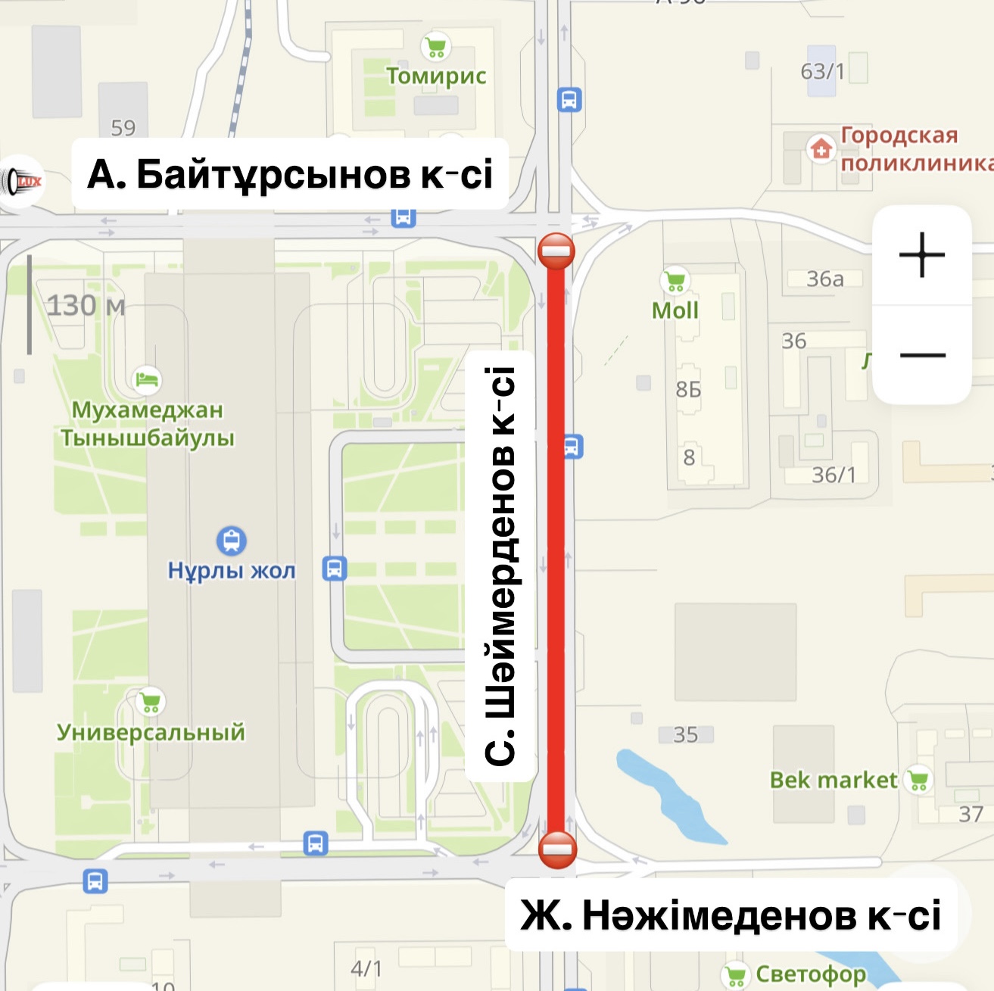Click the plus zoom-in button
coord(921,255)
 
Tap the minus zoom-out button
coord(922,355)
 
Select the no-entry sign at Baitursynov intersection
coord(556,251)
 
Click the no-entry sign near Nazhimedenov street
coord(557,849)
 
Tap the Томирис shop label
coord(436,76)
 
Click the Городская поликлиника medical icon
coord(820,148)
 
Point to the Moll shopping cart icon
coord(675,281)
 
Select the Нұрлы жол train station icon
coord(232,541)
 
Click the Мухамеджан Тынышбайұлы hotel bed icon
coord(147,379)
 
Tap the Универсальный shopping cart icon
coord(150,702)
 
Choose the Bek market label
coord(833,781)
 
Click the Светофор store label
coord(810,974)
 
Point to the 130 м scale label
coord(86,306)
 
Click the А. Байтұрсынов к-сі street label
coord(290,174)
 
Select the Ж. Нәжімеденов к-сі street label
coord(731,915)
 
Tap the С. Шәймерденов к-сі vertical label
coord(500,566)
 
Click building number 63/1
coord(822,71)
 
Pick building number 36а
coord(824,279)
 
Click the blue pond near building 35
coord(666,795)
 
